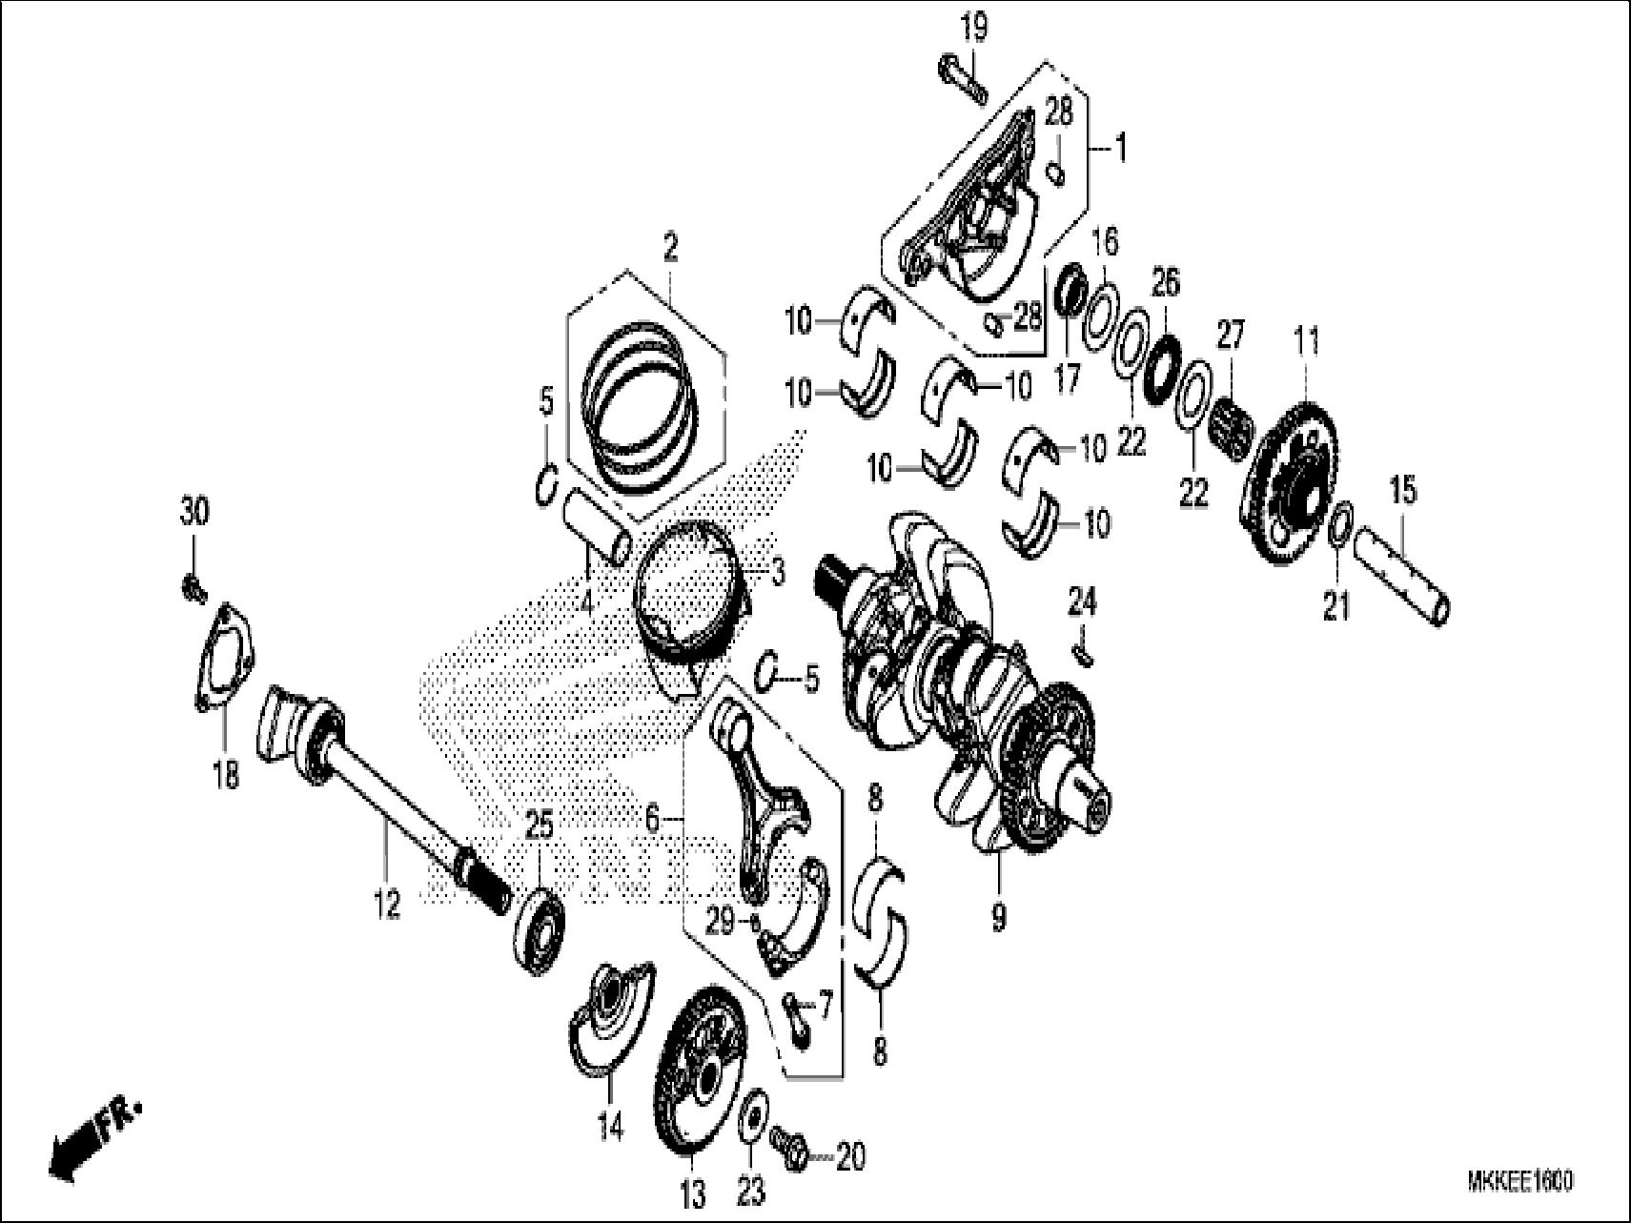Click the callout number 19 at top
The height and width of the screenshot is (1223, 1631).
click(973, 28)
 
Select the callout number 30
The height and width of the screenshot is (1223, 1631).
click(194, 515)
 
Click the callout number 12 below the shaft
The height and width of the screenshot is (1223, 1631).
click(387, 905)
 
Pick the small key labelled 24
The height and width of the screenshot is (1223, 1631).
click(1084, 652)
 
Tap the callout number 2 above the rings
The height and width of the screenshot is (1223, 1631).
click(671, 225)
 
